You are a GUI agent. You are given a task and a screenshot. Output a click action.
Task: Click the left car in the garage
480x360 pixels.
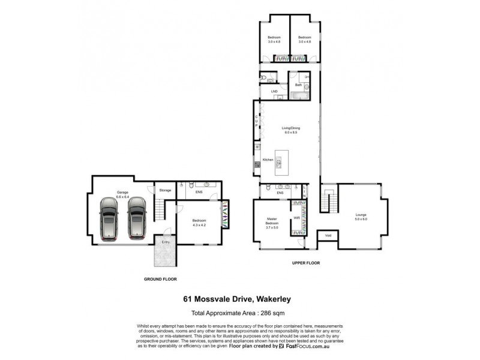pos(109,220)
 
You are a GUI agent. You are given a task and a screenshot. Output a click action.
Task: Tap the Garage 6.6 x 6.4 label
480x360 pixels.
pos(122,195)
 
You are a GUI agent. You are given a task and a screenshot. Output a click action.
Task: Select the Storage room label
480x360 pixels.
pos(165,190)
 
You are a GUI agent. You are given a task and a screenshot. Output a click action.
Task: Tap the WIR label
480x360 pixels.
pos(296,217)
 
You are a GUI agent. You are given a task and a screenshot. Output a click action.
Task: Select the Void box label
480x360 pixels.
pos(328,236)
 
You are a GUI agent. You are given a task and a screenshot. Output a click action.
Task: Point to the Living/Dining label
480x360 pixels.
pos(290,129)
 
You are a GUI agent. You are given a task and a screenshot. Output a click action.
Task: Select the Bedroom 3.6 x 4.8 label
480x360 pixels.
pos(274,40)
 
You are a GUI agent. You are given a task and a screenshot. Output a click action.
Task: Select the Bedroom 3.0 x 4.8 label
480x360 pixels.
pos(305,40)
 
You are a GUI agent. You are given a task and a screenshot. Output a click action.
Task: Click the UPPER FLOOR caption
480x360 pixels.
pos(307,263)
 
